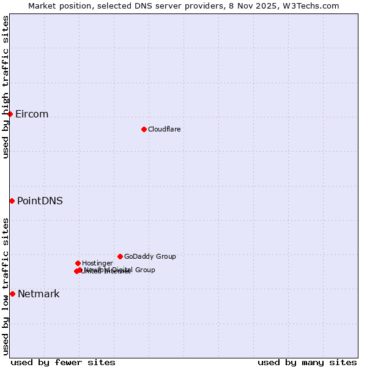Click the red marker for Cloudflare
[144, 129]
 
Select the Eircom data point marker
[10, 114]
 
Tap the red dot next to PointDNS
[12, 201]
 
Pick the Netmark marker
[12, 294]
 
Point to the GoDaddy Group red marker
[120, 256]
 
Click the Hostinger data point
[78, 263]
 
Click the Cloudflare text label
[164, 129]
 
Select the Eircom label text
[32, 114]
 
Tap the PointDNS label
[40, 201]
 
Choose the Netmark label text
[39, 294]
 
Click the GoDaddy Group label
[150, 257]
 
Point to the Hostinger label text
[97, 263]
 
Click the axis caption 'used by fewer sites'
[63, 362]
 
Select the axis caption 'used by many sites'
[307, 362]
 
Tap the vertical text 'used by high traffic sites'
[6, 87]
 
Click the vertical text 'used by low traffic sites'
[6, 286]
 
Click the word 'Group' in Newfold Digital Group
[144, 270]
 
